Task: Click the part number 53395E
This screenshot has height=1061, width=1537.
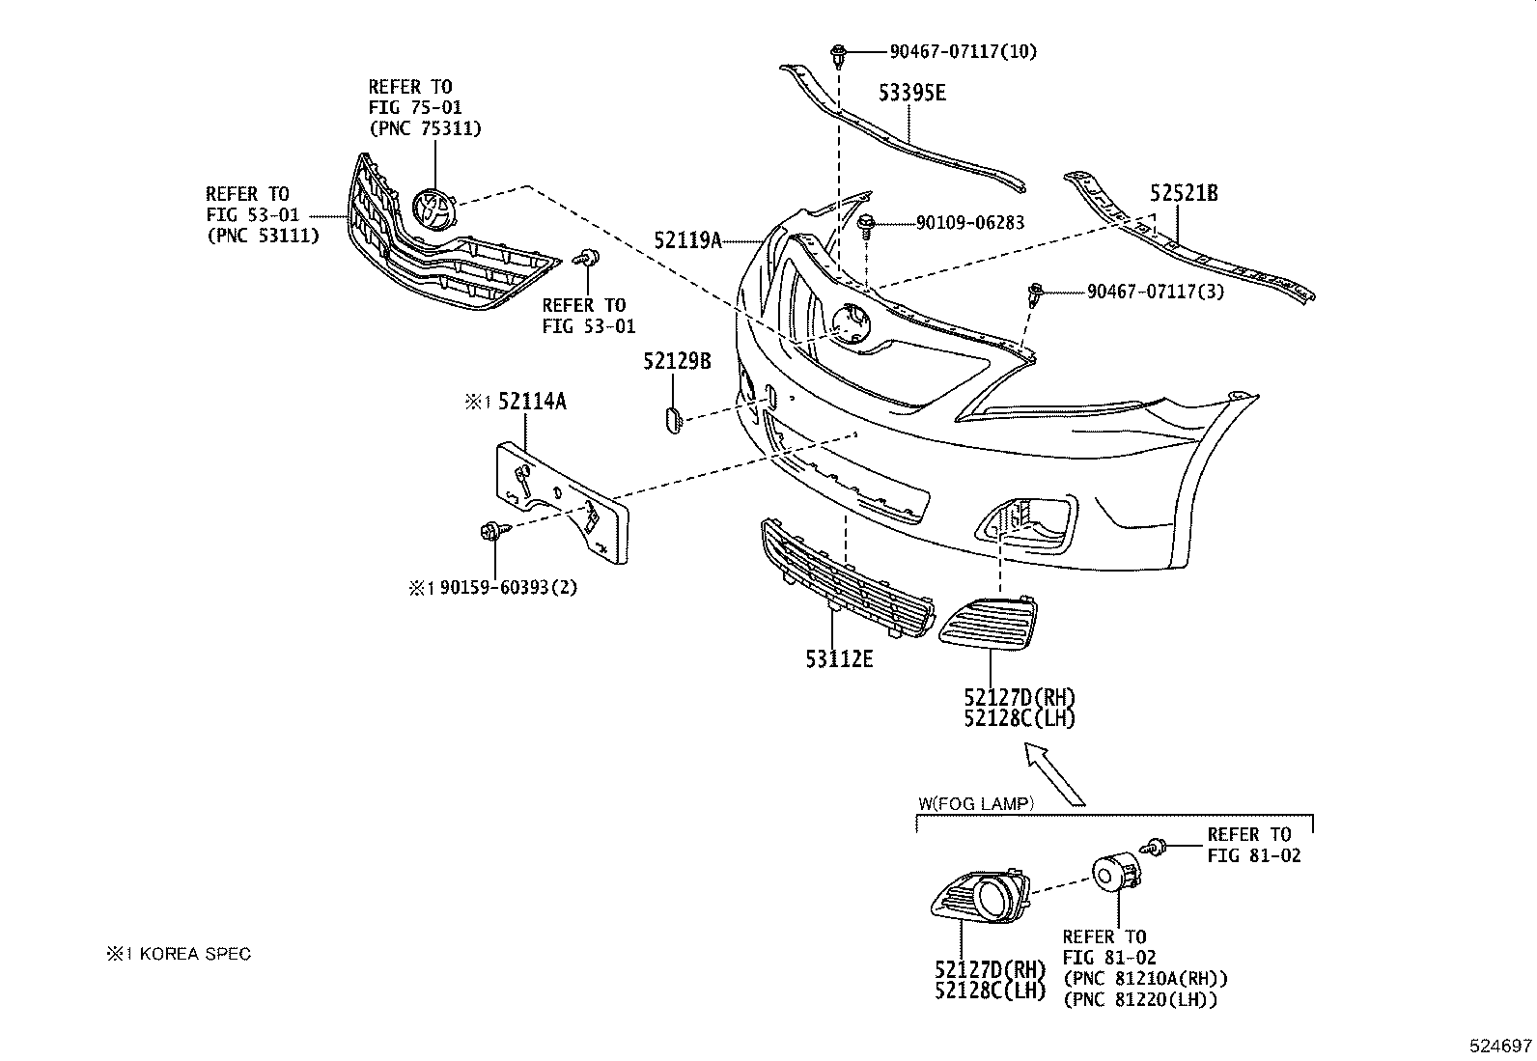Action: tap(911, 94)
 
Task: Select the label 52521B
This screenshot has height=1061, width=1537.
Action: tap(1184, 193)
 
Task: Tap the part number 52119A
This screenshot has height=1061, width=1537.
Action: tap(687, 239)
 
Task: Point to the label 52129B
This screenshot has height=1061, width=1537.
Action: tap(677, 361)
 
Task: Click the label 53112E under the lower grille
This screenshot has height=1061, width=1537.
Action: tap(839, 659)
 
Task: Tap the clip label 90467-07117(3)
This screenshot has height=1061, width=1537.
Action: tap(1155, 291)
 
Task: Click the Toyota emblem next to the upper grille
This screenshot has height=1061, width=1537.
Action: tap(433, 209)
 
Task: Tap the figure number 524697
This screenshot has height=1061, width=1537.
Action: tap(1500, 1046)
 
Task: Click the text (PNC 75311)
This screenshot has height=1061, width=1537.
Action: tap(424, 128)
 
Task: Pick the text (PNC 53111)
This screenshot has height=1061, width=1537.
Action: tap(263, 235)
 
